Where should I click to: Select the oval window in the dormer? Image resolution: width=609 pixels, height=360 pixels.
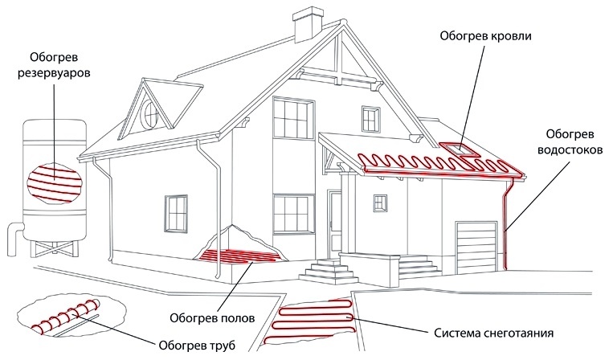coord(150,115)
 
